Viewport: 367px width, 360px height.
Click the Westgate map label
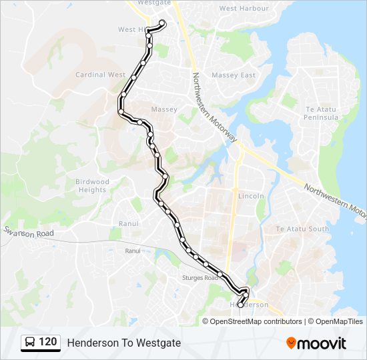coord(154,3)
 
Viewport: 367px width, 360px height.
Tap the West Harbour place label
coord(244,9)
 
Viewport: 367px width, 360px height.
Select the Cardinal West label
coord(100,75)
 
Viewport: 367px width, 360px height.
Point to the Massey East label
coord(234,75)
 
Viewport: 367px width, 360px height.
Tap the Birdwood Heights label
coord(91,185)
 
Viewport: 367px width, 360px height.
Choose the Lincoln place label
coord(252,197)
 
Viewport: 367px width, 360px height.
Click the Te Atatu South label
coord(302,229)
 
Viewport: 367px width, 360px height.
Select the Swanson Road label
coord(28,233)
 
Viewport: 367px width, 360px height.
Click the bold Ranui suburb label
coord(128,224)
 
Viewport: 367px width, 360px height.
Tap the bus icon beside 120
coord(30,343)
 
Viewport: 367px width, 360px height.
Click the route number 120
coord(47,343)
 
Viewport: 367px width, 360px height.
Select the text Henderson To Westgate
coord(123,343)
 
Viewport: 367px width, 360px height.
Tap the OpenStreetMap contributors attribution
coord(256,321)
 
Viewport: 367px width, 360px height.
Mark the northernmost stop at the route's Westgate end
coord(161,23)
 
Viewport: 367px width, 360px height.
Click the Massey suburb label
coord(164,109)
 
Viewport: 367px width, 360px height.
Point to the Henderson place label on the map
coord(252,305)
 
